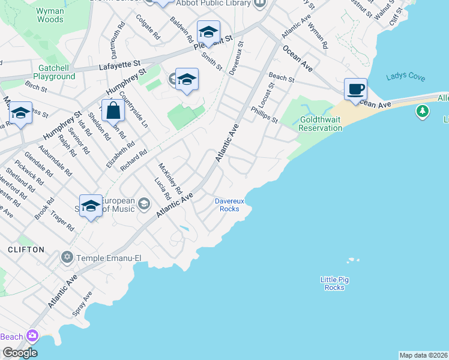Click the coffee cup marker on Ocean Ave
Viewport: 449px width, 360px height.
coord(355,89)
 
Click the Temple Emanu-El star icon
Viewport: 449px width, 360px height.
coord(66,257)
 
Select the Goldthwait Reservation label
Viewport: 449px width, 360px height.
coord(320,124)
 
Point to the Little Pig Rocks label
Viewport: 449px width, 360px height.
coord(334,283)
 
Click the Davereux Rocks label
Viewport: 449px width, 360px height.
coord(227,205)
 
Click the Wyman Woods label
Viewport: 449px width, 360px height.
coord(49,15)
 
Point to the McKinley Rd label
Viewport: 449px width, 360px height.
coord(170,178)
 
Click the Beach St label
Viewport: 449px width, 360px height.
coord(282,77)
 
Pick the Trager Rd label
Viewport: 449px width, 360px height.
coord(62,220)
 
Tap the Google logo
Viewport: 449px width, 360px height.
coord(19,352)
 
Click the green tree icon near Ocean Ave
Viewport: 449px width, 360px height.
coord(423,111)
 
